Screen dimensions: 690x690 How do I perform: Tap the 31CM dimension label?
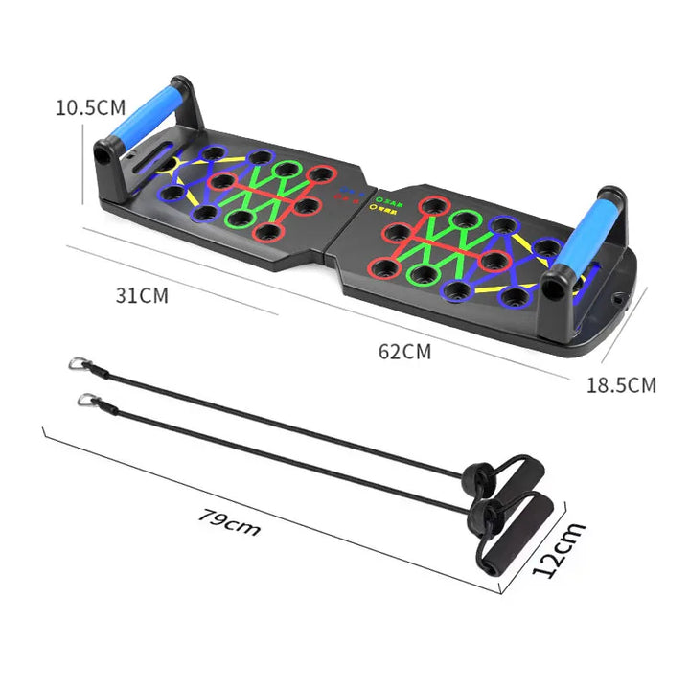coord(141,295)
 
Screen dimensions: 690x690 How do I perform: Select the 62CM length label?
coord(404,351)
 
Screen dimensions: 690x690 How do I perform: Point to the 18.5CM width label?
coord(621,385)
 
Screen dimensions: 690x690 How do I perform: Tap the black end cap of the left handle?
coord(100,154)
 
